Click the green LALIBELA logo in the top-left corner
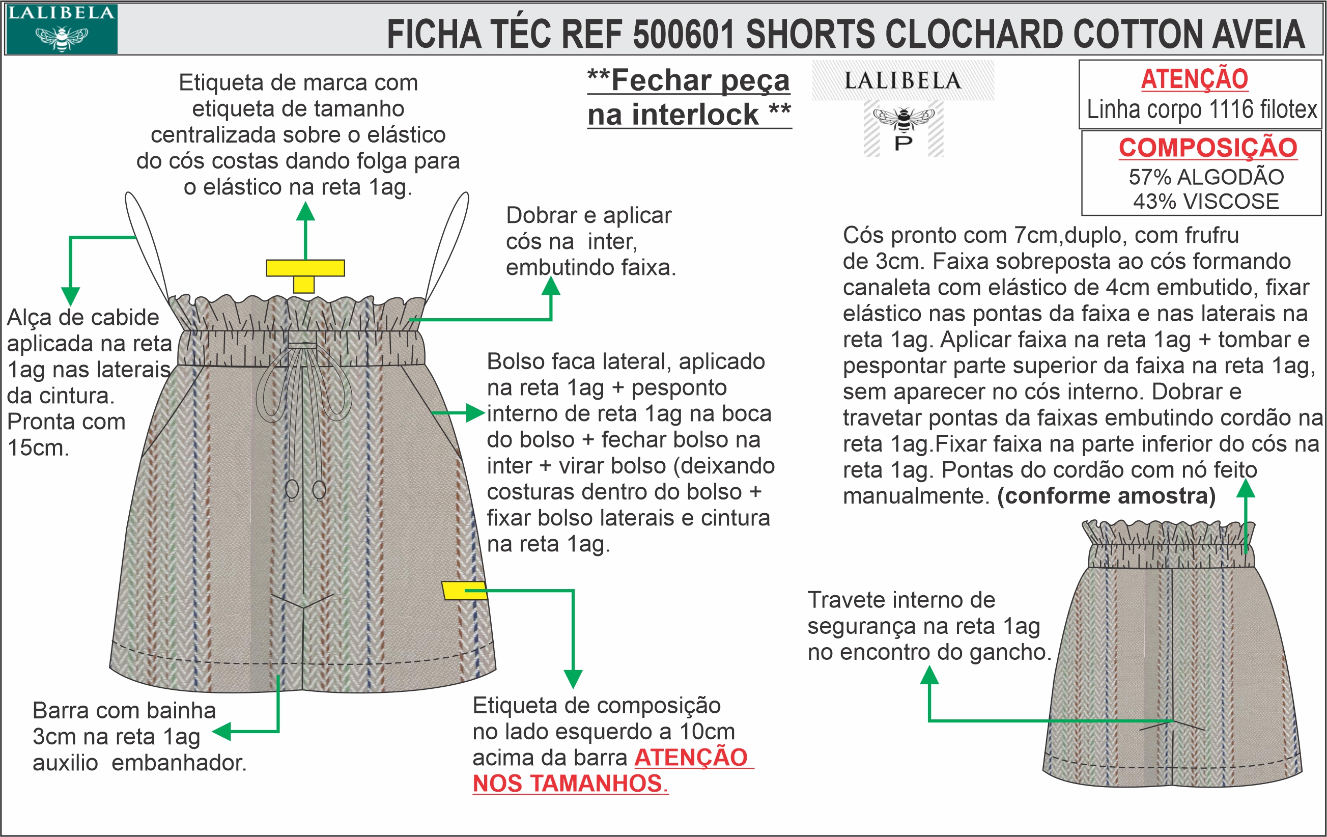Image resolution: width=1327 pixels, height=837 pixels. [x=61, y=29]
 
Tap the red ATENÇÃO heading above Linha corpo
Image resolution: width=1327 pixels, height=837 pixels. [x=1194, y=79]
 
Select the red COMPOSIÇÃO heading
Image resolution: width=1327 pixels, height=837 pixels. [x=1208, y=148]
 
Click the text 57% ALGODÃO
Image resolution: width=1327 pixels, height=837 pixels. [x=1206, y=177]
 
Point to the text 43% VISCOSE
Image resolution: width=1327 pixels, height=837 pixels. [x=1206, y=202]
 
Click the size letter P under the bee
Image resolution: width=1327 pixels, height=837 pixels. [x=903, y=143]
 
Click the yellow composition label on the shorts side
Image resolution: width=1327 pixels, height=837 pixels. [x=464, y=590]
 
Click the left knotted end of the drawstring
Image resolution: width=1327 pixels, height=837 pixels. [x=292, y=489]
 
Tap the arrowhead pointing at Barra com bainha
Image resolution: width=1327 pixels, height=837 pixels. [x=221, y=732]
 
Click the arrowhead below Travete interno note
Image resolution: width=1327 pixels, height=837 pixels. [x=929, y=675]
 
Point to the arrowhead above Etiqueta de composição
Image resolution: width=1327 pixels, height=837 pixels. [x=573, y=679]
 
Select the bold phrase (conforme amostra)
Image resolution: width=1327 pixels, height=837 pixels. [x=1107, y=496]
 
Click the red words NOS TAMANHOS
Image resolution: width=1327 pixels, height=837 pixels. [x=570, y=784]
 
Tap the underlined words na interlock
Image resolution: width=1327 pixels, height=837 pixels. [x=673, y=115]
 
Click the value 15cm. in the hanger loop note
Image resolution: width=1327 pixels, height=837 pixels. [x=38, y=448]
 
